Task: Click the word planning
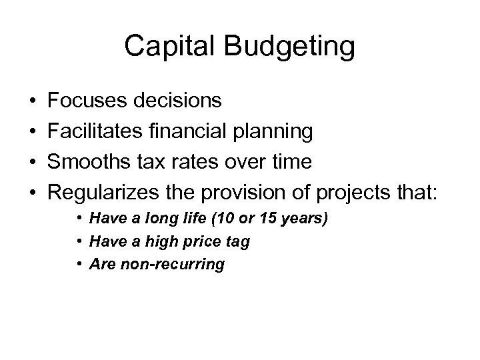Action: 274,132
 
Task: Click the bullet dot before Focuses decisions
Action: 33,101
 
